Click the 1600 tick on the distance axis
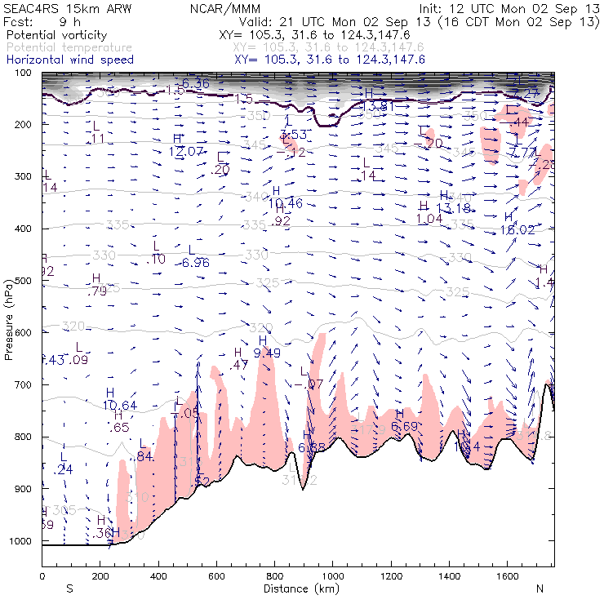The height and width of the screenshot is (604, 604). [507, 576]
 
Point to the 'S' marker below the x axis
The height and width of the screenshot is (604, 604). [69, 588]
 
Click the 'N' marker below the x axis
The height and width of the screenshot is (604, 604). [540, 588]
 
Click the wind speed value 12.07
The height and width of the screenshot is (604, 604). [186, 152]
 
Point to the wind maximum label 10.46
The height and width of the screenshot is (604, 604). [286, 203]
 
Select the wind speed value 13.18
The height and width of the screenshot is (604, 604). [455, 208]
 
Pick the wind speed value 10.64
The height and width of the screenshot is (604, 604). [120, 406]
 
